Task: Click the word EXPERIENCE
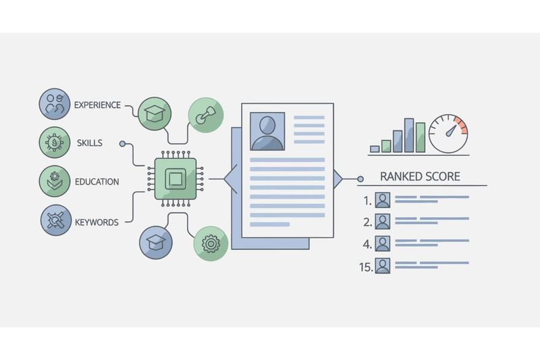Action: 97,105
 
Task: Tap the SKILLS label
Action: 89,143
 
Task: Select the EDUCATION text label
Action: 97,182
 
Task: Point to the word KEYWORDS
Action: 97,222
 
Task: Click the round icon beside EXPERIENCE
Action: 55,105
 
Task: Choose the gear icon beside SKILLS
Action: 55,143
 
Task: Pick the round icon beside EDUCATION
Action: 55,181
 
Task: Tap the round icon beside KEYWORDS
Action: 55,220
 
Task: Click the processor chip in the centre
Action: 175,179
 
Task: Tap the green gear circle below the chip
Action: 210,243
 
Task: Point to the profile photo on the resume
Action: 267,131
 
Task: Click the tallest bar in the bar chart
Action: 409,135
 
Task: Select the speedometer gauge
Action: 448,134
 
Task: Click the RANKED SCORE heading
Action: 420,177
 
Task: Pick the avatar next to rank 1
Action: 383,200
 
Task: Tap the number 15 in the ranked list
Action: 365,267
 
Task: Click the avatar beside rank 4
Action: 383,244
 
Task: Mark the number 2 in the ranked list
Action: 367,222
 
